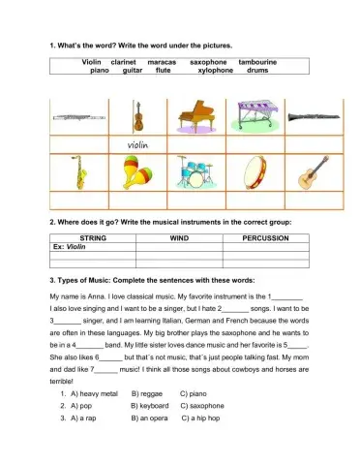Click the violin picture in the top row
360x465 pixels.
[138, 117]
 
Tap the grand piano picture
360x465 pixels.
[196, 117]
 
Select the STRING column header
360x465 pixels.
[93, 237]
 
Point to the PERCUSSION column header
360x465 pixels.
[265, 237]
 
